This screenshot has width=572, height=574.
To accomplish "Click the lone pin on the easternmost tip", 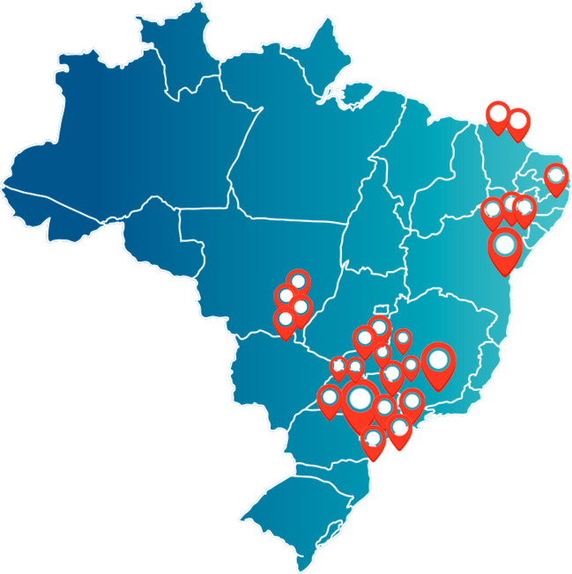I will pos(556,176).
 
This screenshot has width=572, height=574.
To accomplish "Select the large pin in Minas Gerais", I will pos(438,361).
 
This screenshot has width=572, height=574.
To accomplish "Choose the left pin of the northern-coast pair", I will pos(498,114).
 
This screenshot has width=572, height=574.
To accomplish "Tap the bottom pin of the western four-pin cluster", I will pos(285,320).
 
